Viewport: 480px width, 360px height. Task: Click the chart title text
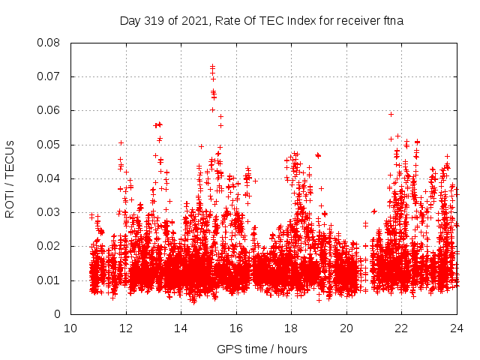click(262, 20)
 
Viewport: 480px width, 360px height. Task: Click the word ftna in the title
click(391, 20)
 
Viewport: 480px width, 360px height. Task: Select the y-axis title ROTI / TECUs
click(10, 178)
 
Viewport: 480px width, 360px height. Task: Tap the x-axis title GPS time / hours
click(262, 349)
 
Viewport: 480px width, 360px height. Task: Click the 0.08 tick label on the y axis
click(49, 43)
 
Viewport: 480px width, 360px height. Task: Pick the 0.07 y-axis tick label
click(49, 76)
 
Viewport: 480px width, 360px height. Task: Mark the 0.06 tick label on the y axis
click(49, 110)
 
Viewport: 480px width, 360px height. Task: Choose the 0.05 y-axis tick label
click(49, 145)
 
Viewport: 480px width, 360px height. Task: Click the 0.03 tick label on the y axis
click(49, 212)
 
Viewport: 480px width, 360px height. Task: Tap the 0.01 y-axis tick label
click(49, 280)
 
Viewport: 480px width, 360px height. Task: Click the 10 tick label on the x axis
click(70, 328)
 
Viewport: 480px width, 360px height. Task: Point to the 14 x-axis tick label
click(181, 328)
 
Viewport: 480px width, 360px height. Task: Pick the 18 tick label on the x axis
click(291, 328)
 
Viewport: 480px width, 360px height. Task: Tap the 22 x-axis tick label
click(401, 328)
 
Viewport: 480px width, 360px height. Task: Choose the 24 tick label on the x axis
click(456, 328)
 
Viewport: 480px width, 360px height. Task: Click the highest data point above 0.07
click(212, 67)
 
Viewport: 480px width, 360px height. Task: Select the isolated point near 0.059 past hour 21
click(391, 114)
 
